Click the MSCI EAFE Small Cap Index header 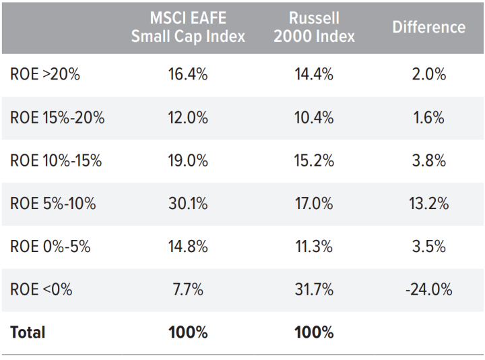[x=187, y=27]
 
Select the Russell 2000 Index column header [x=314, y=27]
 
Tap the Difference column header [x=428, y=27]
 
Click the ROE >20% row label [x=45, y=74]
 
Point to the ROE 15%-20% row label [x=57, y=117]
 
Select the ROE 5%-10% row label [x=53, y=204]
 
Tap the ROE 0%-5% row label [x=51, y=247]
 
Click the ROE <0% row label [x=41, y=290]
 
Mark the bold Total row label [x=28, y=332]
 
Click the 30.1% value [x=187, y=204]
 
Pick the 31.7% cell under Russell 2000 [x=314, y=290]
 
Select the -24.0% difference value [x=428, y=290]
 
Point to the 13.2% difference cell [x=428, y=204]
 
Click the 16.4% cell [x=187, y=74]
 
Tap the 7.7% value [x=187, y=290]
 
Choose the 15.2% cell [x=314, y=160]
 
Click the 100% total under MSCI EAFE [x=187, y=332]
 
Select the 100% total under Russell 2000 [x=314, y=332]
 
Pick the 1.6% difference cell [x=428, y=117]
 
